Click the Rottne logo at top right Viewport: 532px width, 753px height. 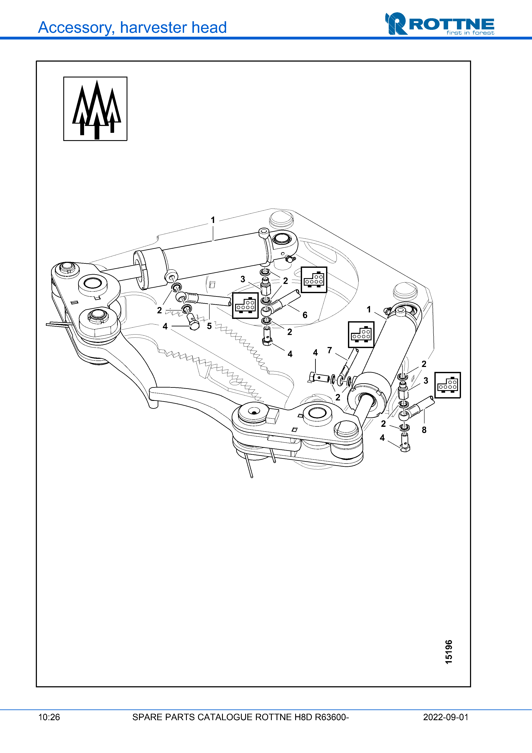439,24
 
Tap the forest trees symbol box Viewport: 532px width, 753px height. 95,109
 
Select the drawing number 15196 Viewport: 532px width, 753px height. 448,652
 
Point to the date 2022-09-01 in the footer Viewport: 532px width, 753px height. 446,717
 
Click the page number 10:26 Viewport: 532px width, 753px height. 49,717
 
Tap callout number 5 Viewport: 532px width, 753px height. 209,326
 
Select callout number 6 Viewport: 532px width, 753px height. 305,315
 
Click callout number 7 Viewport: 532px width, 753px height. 330,350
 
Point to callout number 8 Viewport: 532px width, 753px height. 424,430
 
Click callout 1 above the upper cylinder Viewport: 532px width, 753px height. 213,220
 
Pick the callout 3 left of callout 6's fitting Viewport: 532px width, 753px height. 243,279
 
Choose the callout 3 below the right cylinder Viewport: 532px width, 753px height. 425,380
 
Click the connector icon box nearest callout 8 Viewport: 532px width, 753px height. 447,385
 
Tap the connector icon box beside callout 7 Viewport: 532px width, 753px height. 361,335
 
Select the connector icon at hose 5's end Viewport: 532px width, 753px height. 245,306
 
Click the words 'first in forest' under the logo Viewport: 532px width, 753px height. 470,33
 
